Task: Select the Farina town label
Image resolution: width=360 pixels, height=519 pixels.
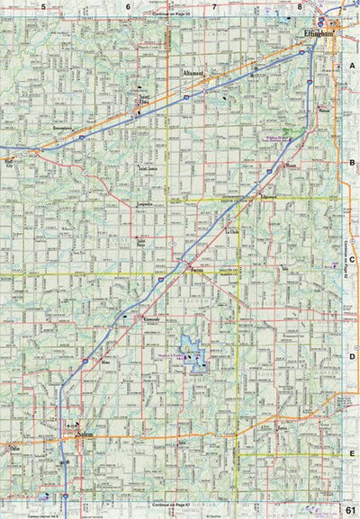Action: point(196,271)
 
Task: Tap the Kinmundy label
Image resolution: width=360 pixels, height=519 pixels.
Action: point(152,320)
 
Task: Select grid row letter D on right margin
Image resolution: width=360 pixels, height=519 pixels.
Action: point(351,356)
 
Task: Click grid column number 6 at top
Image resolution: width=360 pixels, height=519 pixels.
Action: point(129,8)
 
